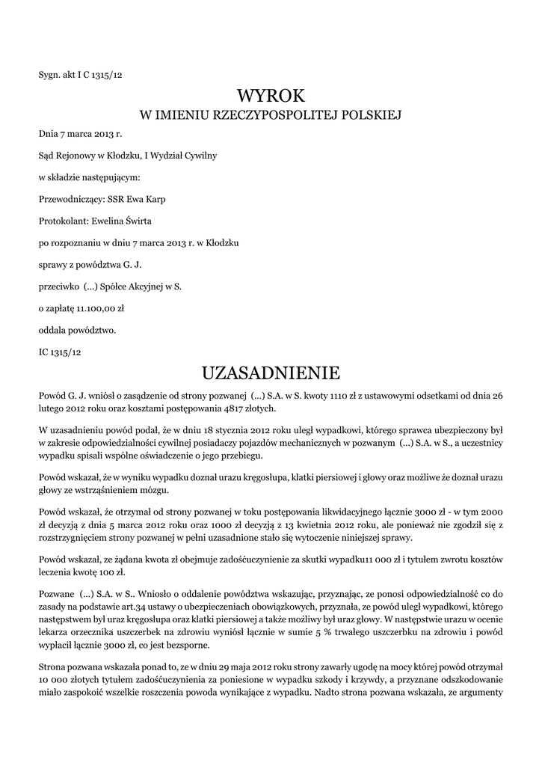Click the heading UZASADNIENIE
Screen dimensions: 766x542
pyautogui.click(x=271, y=372)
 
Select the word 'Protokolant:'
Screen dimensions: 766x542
pyautogui.click(x=62, y=221)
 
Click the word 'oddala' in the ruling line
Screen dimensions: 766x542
pyautogui.click(x=53, y=329)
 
